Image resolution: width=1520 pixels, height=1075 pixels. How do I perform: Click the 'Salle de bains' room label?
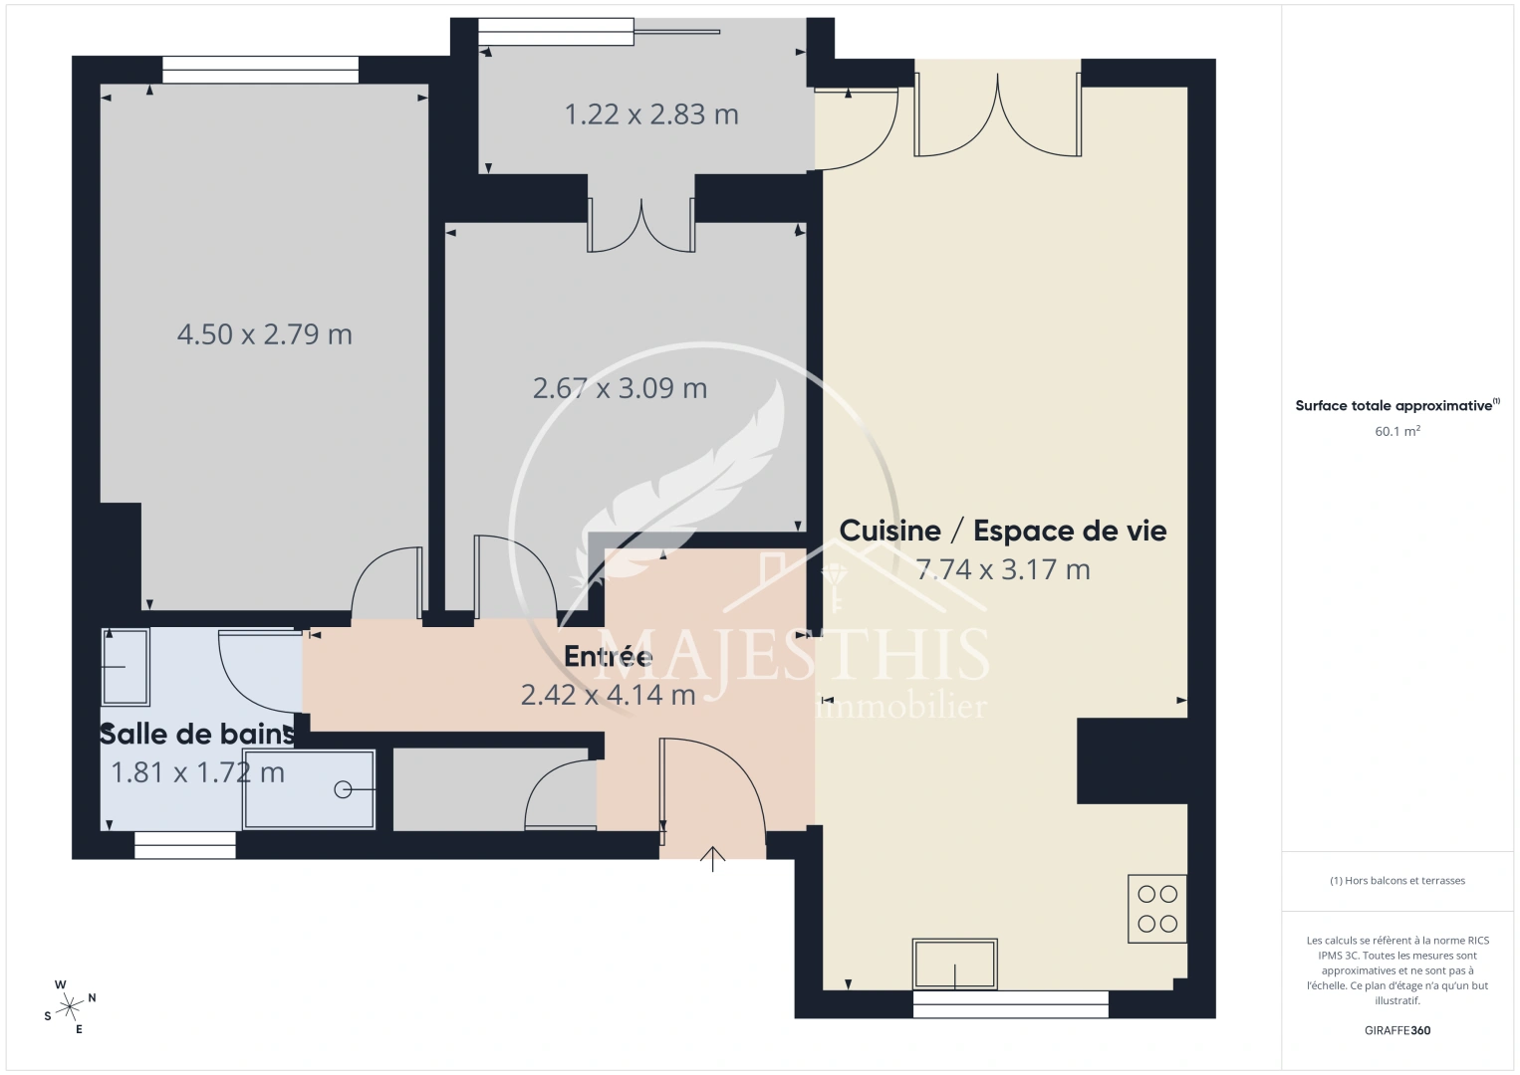pos(197,735)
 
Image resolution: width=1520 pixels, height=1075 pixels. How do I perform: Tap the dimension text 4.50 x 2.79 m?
pos(264,334)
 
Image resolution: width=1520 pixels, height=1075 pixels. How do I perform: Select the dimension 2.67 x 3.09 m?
pos(620,388)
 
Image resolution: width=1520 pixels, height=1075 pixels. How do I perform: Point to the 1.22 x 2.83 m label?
pos(651,115)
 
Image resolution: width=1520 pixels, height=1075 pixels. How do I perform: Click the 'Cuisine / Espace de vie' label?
pos(1002,531)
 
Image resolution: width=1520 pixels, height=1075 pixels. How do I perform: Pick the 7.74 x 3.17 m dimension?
pos(1002,570)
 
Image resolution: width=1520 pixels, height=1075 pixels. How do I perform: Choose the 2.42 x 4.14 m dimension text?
pos(608,695)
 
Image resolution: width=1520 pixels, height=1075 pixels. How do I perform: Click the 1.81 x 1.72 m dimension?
pos(197,772)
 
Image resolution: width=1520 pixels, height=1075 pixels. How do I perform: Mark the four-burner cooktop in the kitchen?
pos(1157,909)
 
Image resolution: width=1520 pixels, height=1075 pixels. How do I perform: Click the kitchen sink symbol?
pos(955,964)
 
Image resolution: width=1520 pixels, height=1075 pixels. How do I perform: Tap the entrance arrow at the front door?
pos(713,858)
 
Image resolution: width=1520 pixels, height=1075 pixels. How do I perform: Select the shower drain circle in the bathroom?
pos(343,789)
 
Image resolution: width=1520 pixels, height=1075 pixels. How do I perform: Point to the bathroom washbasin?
pos(125,666)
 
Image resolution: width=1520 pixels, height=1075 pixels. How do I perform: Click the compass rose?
pos(70,1006)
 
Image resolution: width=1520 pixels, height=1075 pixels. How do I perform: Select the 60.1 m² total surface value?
pos(1396,432)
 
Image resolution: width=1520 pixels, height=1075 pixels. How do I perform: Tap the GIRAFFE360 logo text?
pos(1396,1030)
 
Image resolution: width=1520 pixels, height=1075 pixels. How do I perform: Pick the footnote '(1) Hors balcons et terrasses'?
pos(1396,881)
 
